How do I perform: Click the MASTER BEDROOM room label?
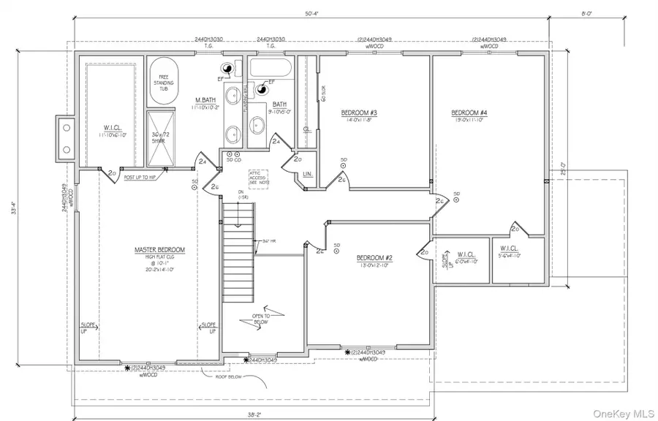[159, 250]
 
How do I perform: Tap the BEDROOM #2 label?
[375, 258]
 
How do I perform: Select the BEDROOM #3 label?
[359, 113]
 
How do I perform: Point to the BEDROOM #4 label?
[469, 113]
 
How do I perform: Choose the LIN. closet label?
[308, 175]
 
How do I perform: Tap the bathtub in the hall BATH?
[270, 71]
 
